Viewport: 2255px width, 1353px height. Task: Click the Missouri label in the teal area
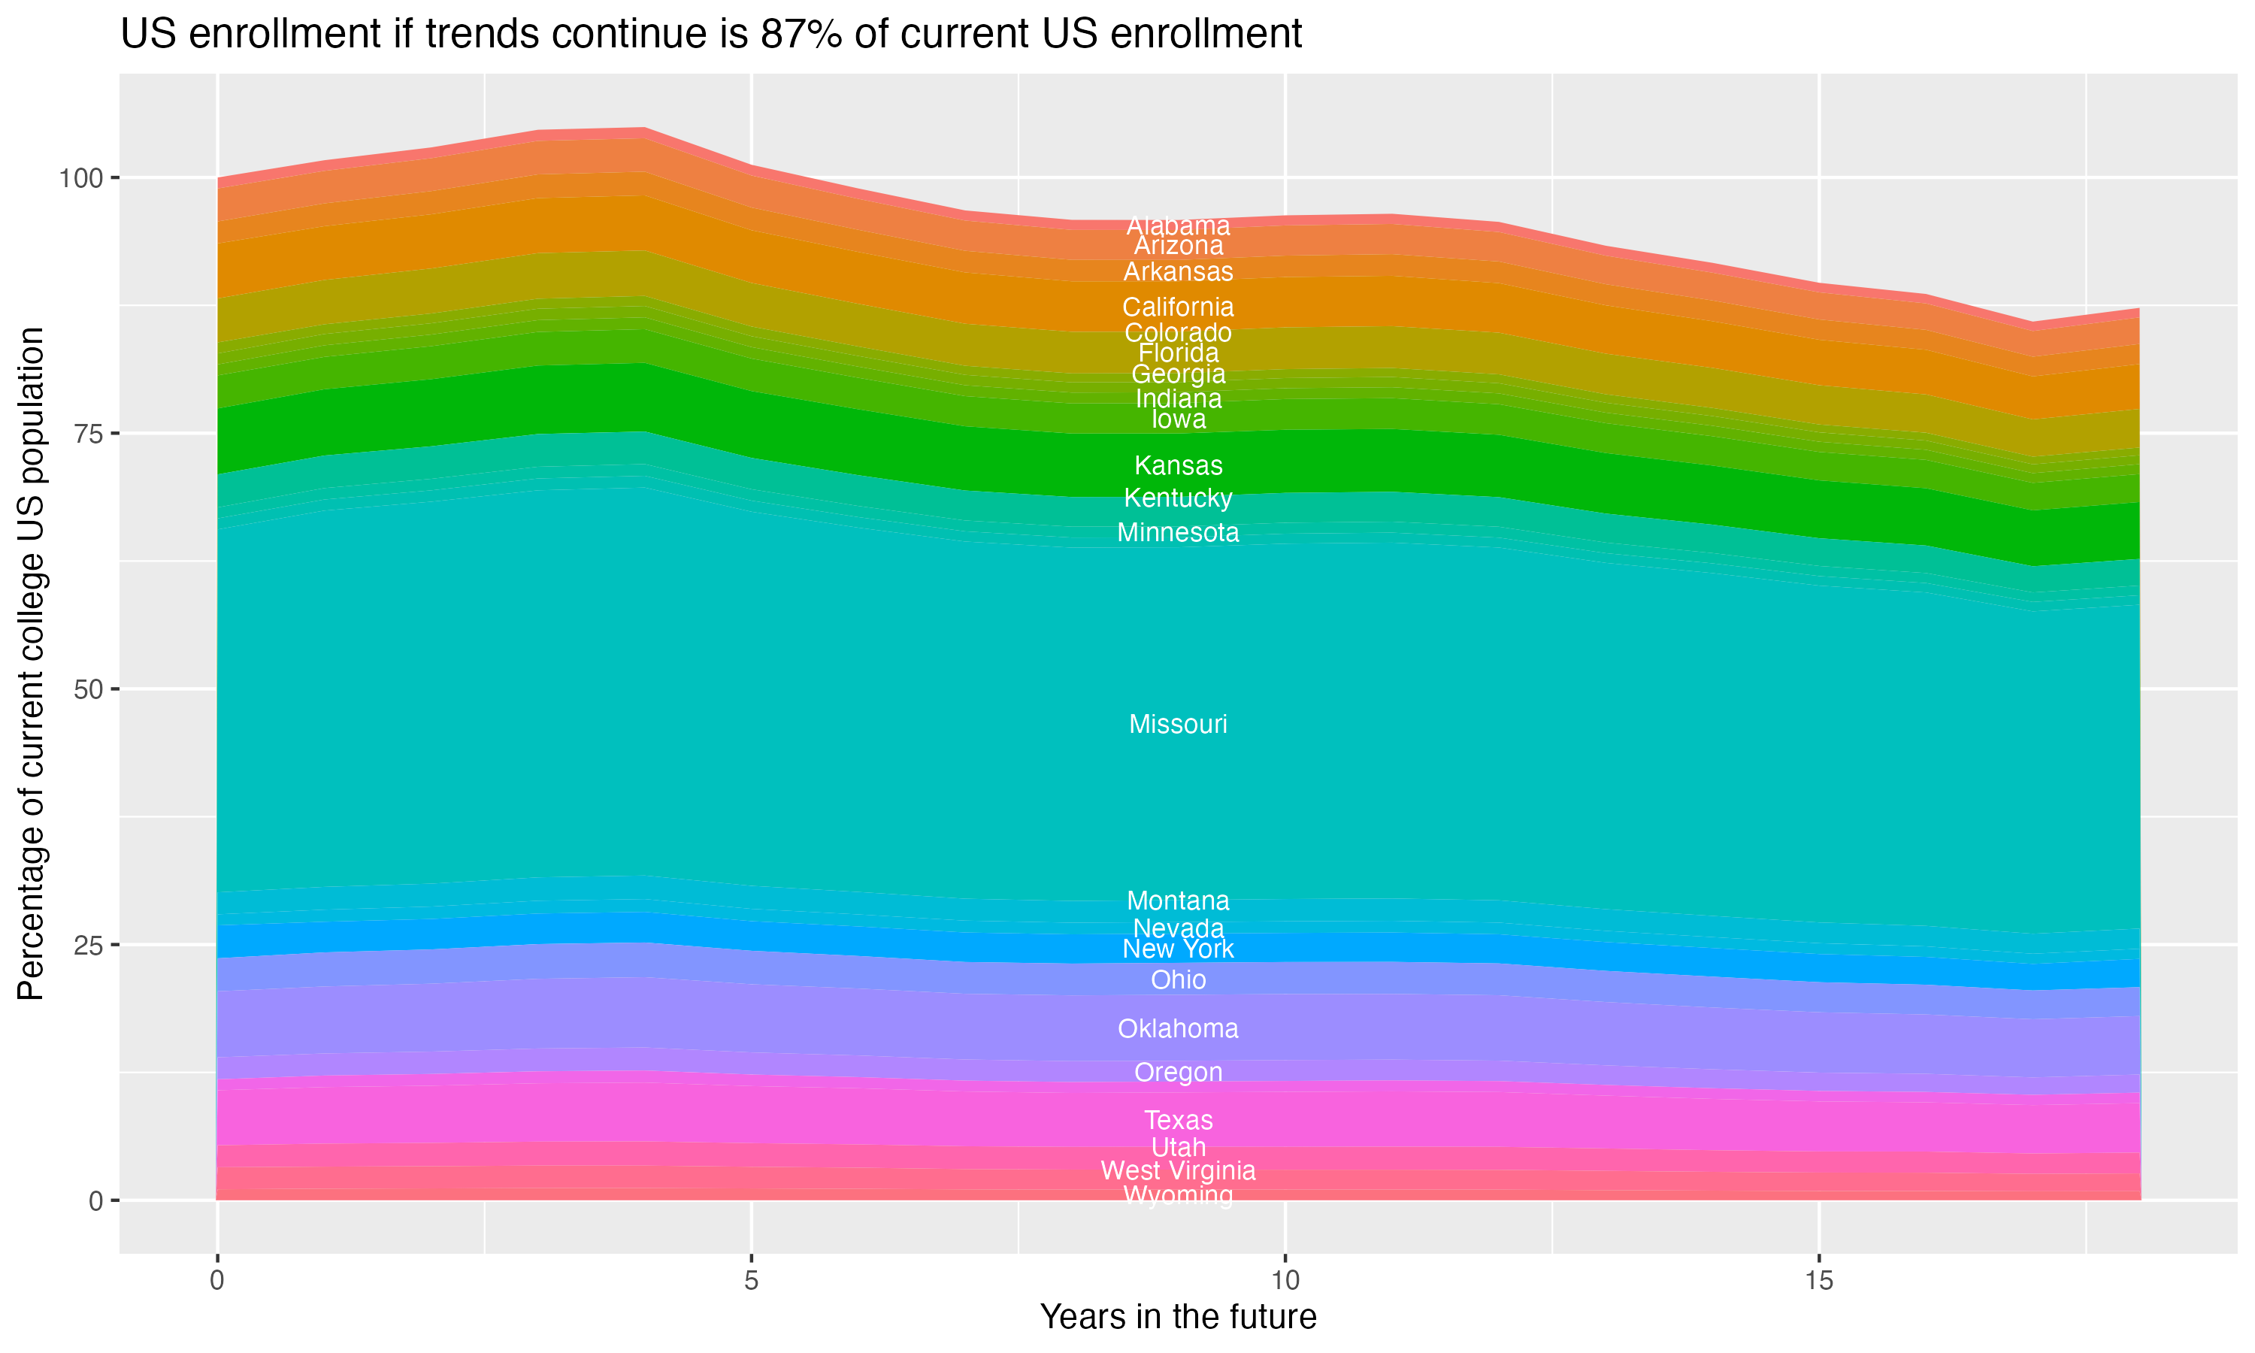click(1178, 725)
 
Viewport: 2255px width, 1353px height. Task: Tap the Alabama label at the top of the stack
click(1178, 225)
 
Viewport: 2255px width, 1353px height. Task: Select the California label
click(1178, 307)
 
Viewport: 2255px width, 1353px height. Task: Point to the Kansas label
click(1178, 466)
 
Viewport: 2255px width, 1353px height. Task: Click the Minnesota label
click(1178, 532)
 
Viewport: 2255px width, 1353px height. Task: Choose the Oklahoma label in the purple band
click(1178, 1028)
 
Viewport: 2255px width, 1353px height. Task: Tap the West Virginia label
click(1178, 1170)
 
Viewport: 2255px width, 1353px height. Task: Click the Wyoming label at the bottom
click(1178, 1195)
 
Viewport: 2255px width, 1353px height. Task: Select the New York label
click(1178, 949)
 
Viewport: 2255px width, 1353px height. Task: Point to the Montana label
click(1178, 900)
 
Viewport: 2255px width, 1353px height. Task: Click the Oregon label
click(1178, 1072)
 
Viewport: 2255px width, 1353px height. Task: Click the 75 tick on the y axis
click(86, 434)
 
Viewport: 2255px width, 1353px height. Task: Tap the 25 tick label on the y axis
click(86, 946)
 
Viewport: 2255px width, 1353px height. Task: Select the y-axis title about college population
click(31, 664)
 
